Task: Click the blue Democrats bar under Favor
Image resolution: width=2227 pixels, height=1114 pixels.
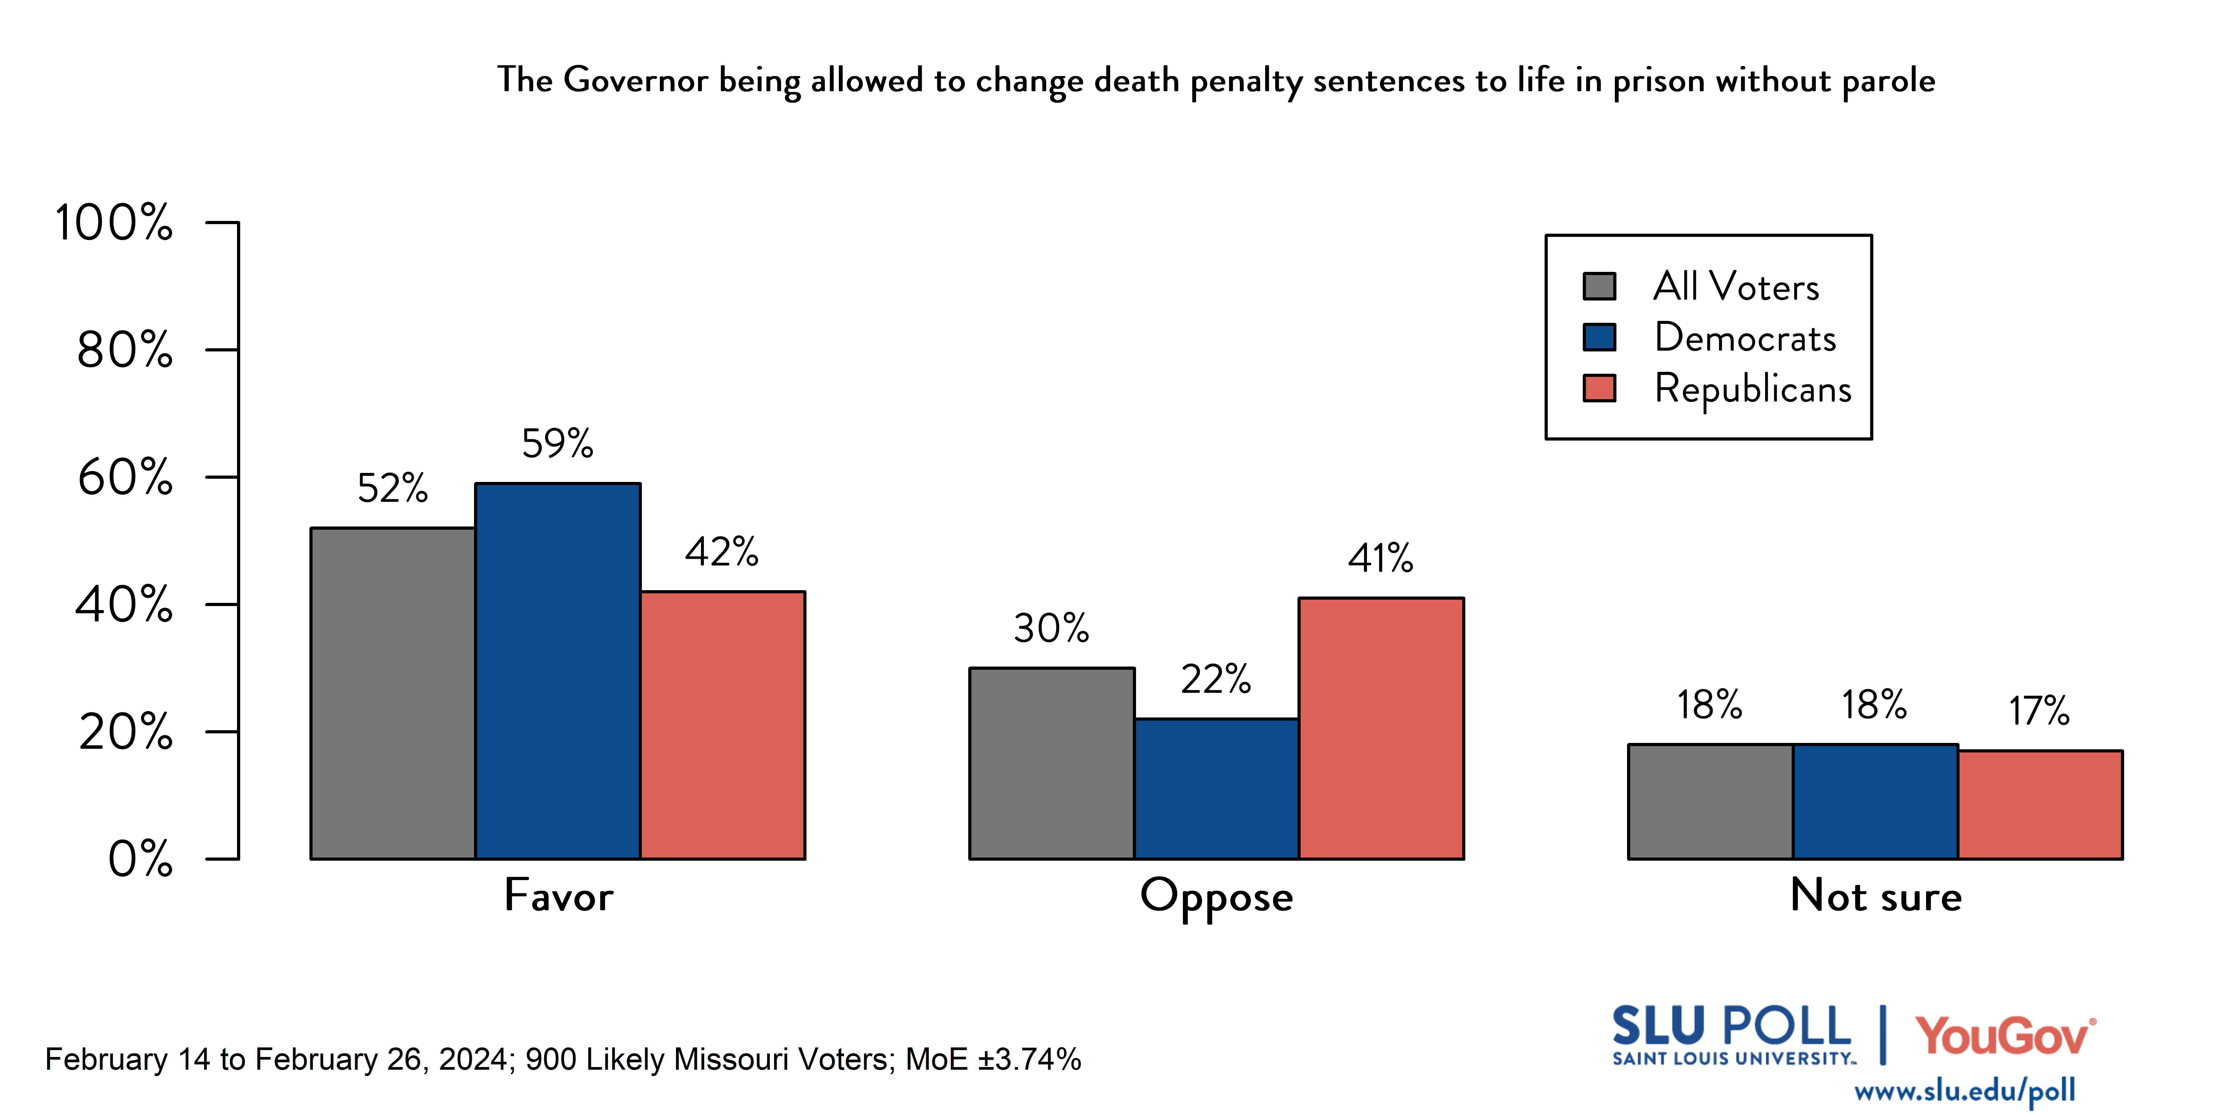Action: [558, 670]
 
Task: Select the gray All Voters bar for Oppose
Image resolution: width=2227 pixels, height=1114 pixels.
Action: [1051, 763]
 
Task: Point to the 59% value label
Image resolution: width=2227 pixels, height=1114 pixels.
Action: [558, 444]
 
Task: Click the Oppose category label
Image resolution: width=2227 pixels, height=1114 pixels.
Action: [1216, 896]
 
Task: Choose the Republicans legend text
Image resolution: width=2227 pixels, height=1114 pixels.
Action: [1752, 388]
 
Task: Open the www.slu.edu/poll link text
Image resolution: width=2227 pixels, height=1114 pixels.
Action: [1964, 1091]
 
